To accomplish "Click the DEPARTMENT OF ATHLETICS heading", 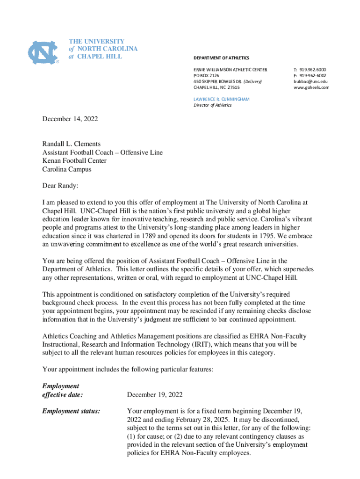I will click(x=221, y=58).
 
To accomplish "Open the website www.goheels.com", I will click(x=311, y=87).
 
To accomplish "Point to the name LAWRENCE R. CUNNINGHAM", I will click(x=221, y=99).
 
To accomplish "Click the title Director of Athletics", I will click(x=212, y=105).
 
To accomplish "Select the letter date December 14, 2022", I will click(x=70, y=119).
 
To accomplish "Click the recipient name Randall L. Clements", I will click(x=72, y=144).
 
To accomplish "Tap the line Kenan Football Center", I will click(x=74, y=161).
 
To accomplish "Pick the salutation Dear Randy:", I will click(x=60, y=186).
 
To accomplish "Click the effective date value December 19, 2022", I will click(x=155, y=395).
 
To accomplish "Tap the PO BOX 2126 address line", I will click(x=206, y=75).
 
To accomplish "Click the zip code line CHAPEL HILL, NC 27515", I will click(x=216, y=87).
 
